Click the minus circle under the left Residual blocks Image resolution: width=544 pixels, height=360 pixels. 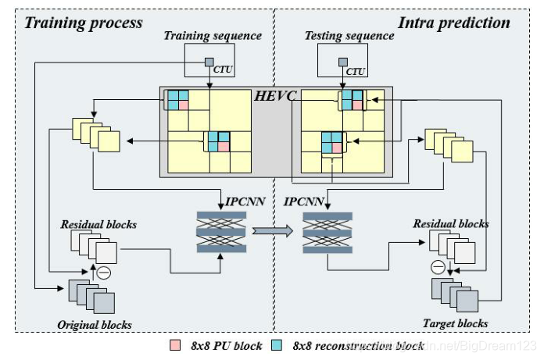(x=103, y=273)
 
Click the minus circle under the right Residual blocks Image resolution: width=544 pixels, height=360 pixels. (x=438, y=267)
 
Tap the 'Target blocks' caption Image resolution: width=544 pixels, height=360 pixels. (x=456, y=323)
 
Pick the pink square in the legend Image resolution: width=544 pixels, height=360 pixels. (x=176, y=345)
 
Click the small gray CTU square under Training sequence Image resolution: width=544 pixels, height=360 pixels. (x=209, y=62)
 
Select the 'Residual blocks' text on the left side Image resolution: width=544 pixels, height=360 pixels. (x=98, y=224)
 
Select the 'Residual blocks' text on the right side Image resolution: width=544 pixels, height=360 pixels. (x=451, y=223)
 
